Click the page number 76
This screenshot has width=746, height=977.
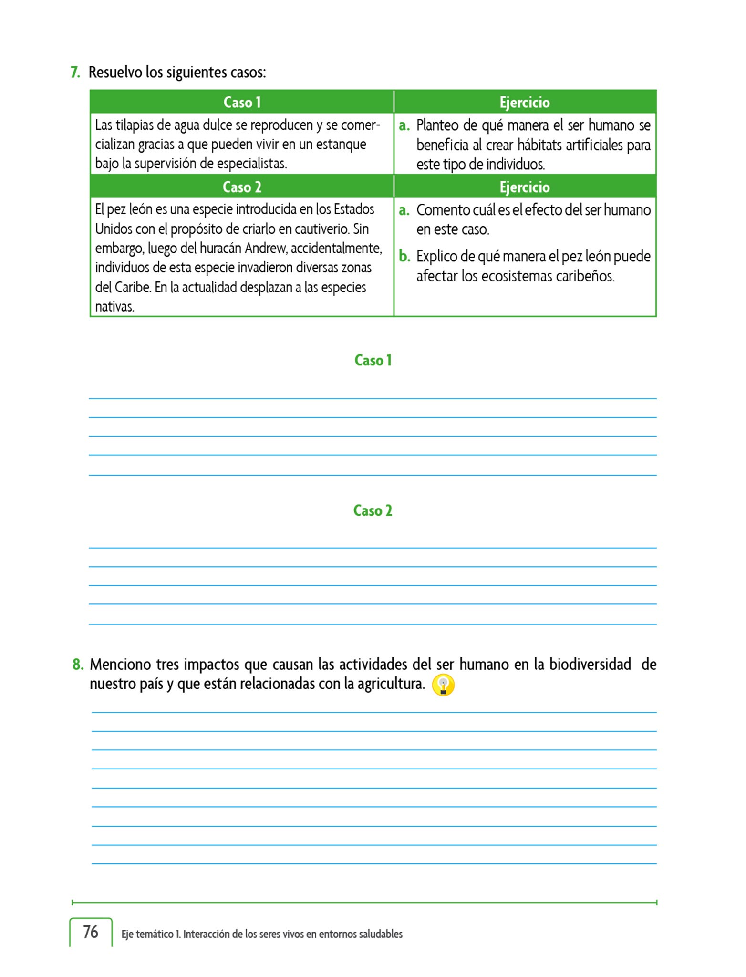[x=91, y=932]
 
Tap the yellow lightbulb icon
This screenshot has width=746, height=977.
[x=443, y=685]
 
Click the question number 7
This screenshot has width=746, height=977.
[x=75, y=73]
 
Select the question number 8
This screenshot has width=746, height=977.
[x=78, y=664]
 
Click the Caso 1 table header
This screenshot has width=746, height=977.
[x=242, y=102]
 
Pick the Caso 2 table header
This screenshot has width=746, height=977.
[x=242, y=187]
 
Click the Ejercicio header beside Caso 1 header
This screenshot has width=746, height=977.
[x=525, y=102]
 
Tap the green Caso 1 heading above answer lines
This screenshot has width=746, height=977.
[x=373, y=360]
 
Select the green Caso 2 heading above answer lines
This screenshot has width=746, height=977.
[x=373, y=510]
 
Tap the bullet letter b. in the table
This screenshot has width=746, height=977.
[x=404, y=256]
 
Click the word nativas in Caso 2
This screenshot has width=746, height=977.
[x=114, y=307]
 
